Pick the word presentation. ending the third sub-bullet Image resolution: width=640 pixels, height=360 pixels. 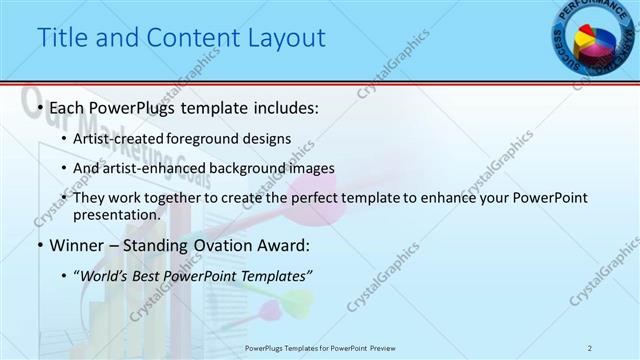coord(116,214)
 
